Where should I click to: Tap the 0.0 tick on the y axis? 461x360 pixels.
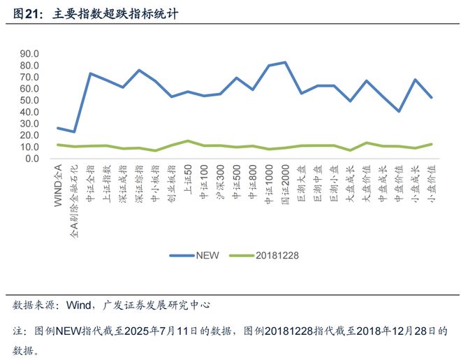(31, 159)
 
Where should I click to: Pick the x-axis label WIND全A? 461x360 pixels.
(58, 182)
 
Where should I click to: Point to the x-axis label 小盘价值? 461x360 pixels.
(432, 184)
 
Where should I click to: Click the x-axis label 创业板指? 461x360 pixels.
(171, 184)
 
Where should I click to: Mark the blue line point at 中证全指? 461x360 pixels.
(90, 73)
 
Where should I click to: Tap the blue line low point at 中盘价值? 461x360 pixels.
(399, 111)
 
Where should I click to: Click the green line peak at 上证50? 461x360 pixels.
(187, 141)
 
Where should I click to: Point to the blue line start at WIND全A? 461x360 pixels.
(58, 128)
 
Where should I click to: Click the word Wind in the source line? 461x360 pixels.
(80, 305)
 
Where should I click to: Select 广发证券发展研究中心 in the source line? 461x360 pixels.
(156, 305)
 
